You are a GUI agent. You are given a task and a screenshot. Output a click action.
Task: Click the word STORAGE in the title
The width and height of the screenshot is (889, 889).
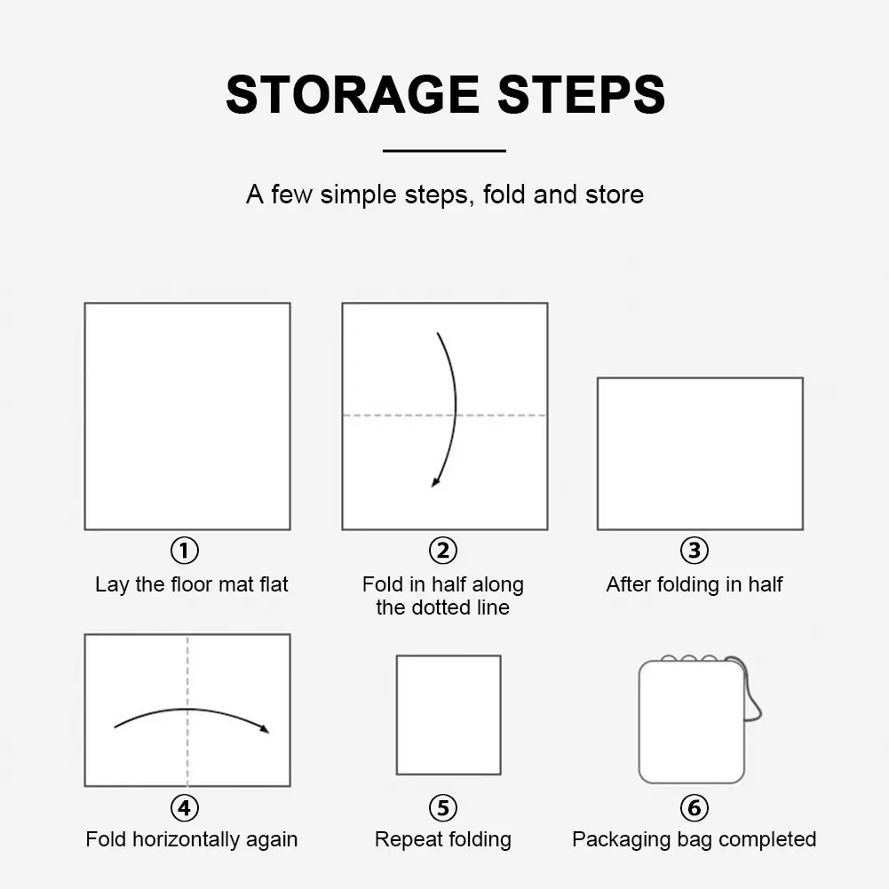(x=353, y=95)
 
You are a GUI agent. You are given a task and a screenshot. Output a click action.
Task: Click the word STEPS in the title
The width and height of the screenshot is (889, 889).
(x=581, y=95)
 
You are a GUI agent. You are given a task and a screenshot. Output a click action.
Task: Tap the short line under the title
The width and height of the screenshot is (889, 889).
(x=444, y=151)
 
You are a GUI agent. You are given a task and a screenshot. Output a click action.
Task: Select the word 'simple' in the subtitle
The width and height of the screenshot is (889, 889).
(x=358, y=195)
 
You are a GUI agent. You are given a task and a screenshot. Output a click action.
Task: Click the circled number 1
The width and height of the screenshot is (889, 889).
(x=185, y=550)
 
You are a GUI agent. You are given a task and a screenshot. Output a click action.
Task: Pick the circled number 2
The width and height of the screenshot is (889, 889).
(x=443, y=550)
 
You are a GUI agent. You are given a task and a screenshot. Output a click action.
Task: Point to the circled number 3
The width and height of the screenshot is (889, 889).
(x=694, y=550)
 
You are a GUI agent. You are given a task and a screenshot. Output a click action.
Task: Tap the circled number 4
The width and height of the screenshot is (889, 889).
(x=185, y=808)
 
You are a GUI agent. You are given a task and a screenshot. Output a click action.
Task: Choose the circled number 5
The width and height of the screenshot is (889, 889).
(x=443, y=808)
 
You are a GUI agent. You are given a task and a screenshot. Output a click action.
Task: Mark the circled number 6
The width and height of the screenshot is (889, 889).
(x=694, y=808)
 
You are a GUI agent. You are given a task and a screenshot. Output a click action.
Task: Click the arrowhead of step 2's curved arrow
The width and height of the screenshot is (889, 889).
(x=435, y=482)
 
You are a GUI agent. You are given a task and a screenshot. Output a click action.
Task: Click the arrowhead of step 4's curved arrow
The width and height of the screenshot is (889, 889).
(x=264, y=728)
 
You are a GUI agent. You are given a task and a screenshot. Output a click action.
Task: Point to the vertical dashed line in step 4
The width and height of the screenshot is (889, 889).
(x=187, y=710)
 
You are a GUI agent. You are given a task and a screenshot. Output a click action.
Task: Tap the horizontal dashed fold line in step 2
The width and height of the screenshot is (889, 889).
(x=445, y=416)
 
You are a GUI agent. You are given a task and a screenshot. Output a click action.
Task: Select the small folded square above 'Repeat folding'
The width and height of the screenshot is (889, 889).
(x=448, y=715)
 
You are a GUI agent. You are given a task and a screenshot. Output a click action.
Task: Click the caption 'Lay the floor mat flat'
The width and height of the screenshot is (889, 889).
(x=192, y=584)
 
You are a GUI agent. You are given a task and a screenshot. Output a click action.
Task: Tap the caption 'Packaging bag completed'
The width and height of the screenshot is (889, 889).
(x=694, y=839)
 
